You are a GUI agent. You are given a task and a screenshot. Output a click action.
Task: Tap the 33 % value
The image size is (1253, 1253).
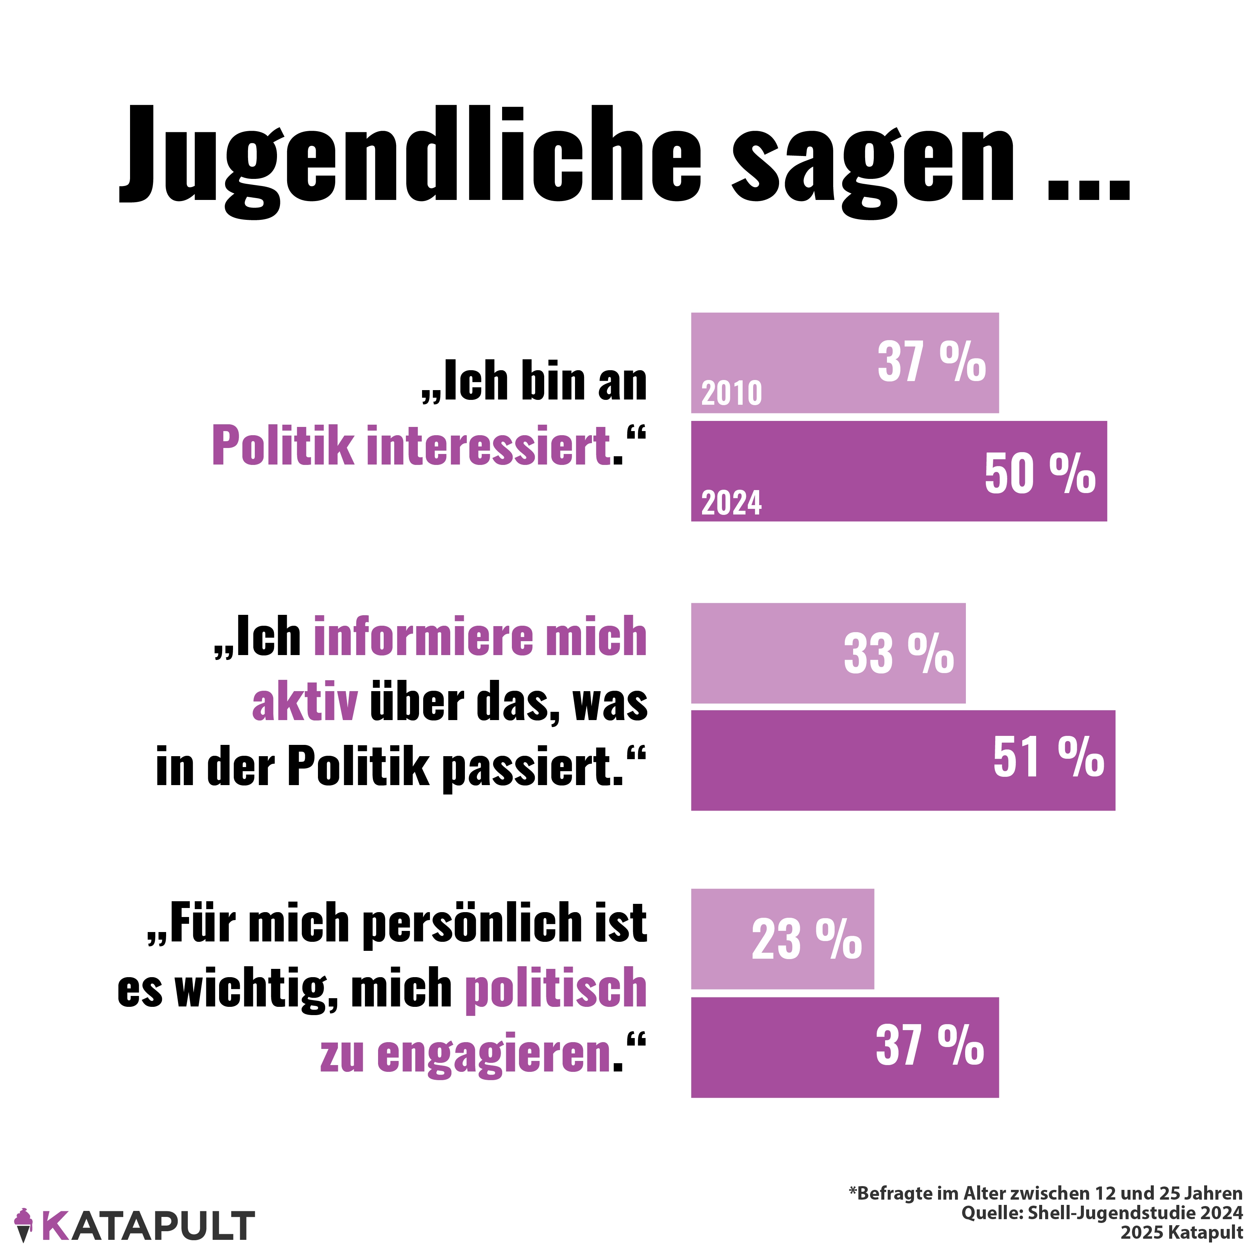click(898, 653)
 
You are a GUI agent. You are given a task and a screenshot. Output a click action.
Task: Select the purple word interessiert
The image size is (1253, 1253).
click(488, 446)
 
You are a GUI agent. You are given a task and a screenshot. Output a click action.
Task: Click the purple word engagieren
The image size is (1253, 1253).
click(494, 1055)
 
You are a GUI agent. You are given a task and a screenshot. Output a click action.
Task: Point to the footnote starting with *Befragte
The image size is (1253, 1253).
click(1046, 1193)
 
